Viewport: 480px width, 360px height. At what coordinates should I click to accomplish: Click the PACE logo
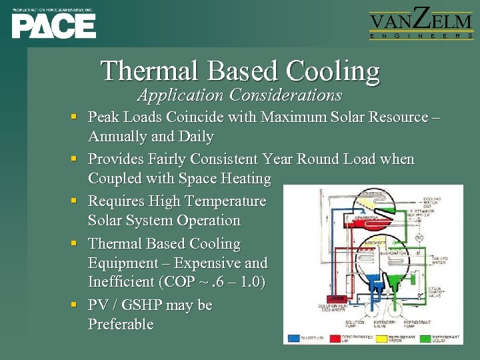coord(53,25)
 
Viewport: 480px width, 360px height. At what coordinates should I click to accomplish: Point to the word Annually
coord(117,137)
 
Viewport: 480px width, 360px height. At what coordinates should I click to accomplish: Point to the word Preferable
coord(121,325)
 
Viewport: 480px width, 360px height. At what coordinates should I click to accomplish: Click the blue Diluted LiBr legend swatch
coord(294,338)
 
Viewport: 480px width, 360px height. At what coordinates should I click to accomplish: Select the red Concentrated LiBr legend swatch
coord(335,338)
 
